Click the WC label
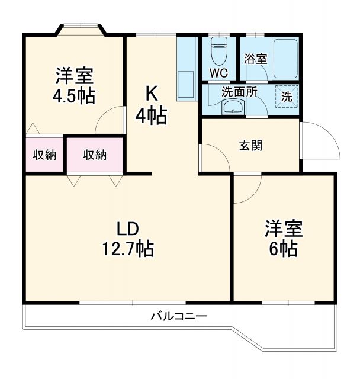218,73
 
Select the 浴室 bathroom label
256,59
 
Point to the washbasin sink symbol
232,107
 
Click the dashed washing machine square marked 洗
287,97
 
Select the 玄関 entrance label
250,145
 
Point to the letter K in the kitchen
152,92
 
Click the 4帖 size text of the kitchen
151,115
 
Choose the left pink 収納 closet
44,155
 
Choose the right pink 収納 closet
94,155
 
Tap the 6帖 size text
283,249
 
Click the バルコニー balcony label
178,316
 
